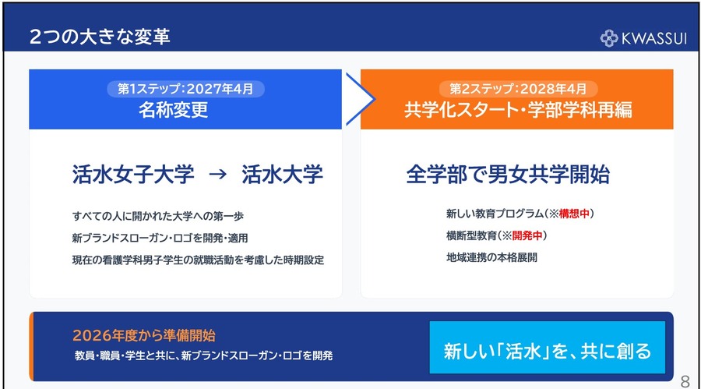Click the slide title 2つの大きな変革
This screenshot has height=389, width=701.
point(99,37)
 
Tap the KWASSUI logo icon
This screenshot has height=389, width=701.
point(610,37)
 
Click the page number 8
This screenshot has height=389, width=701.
point(685,380)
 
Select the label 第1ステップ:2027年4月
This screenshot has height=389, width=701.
point(185,89)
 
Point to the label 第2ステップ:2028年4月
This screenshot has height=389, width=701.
point(518,89)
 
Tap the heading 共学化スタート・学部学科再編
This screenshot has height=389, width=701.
point(518,110)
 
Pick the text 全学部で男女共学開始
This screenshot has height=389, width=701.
point(508,174)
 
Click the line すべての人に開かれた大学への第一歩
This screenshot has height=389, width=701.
point(157,215)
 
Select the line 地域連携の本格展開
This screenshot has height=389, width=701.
point(491,256)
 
